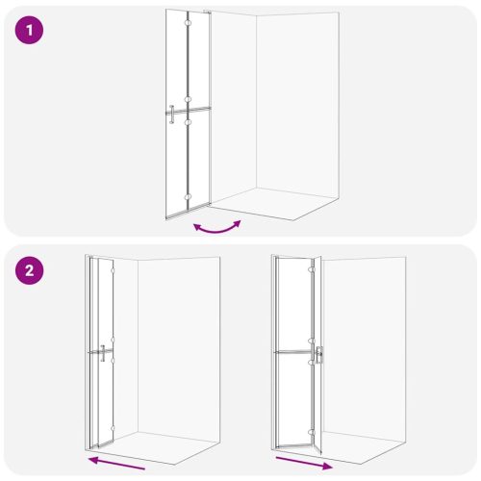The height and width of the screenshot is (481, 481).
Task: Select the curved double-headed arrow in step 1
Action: [216, 226]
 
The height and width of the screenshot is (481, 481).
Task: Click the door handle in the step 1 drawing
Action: [171, 114]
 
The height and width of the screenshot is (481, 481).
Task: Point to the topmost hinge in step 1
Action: [190, 41]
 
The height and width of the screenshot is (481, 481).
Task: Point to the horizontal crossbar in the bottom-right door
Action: [293, 352]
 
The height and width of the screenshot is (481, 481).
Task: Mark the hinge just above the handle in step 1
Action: [190, 99]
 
